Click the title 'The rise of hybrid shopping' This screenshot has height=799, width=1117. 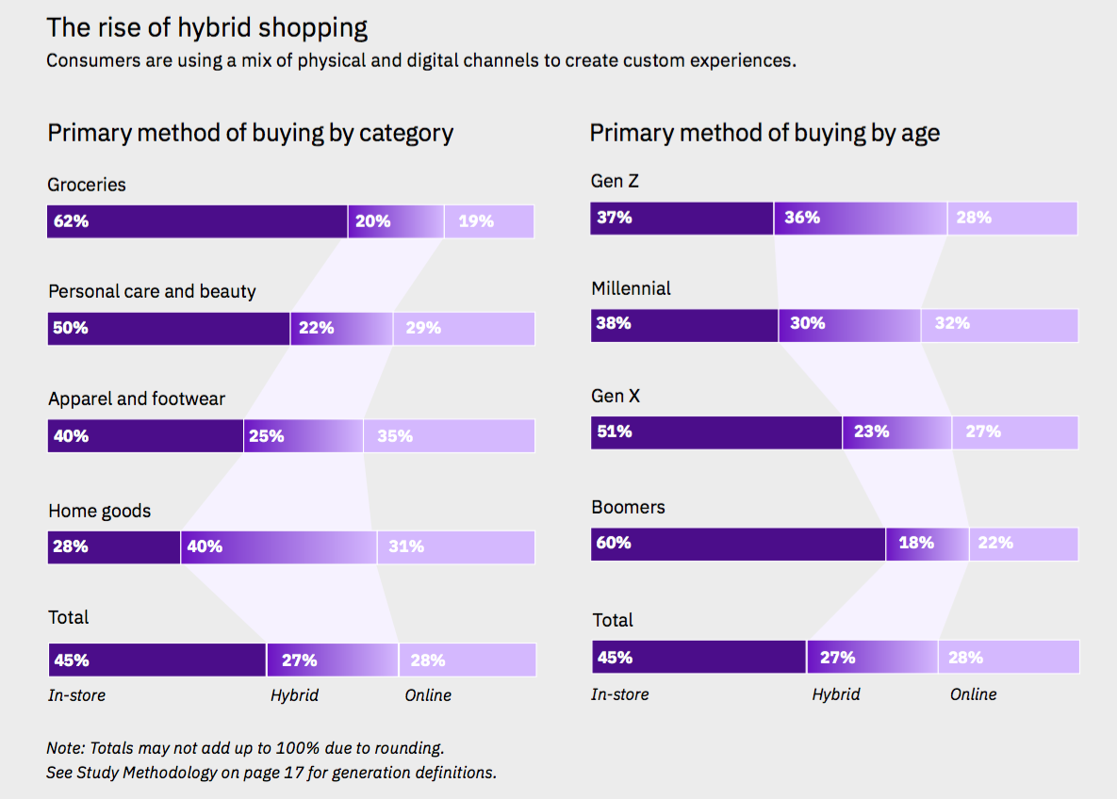pos(207,27)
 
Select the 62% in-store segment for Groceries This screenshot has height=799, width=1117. pos(197,221)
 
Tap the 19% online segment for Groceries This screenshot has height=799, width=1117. pos(488,221)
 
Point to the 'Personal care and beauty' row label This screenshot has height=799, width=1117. pos(152,291)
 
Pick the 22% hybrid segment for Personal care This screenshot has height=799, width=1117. pos(341,328)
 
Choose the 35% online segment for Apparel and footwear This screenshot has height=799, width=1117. pos(449,436)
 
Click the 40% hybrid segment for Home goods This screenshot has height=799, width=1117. pos(278,546)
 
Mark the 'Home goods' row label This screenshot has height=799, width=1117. pos(100,511)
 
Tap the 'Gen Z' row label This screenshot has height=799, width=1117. pos(616,181)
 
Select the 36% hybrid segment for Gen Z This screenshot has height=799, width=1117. pos(860,218)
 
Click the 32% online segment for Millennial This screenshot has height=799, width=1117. pos(999,324)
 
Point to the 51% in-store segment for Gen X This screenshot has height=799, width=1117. pos(716,432)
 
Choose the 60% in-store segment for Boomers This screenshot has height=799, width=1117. pos(738,544)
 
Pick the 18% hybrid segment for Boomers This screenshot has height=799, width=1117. pos(927,544)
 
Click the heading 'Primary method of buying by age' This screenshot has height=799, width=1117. pos(764,133)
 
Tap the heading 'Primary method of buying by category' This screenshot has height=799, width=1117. pos(250,133)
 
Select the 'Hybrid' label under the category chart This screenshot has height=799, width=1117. pos(294,695)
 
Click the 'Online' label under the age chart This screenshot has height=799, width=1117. pos(973,694)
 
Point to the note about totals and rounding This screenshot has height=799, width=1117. pos(245,748)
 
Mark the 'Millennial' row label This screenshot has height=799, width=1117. pos(631,288)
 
